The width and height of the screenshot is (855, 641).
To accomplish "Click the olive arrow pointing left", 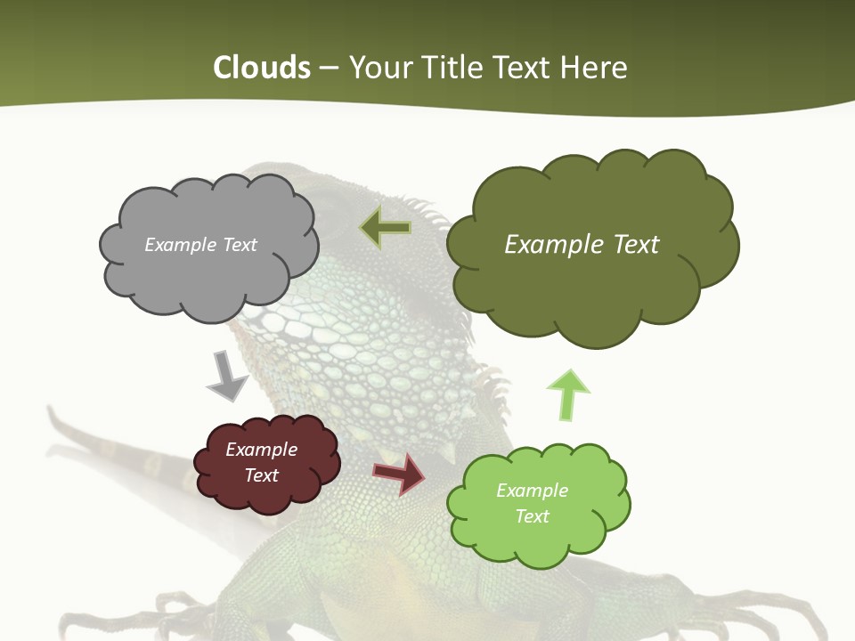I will point(386,229).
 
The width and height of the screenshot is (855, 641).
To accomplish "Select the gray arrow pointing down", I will point(226,376).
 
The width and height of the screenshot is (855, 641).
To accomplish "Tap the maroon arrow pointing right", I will point(400,473).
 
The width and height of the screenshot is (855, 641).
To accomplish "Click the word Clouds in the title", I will point(262,68).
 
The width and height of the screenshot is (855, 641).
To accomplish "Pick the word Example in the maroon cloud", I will point(261,450).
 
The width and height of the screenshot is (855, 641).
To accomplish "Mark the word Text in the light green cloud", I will point(533,516).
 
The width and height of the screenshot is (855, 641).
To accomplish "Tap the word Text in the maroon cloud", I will point(261,475).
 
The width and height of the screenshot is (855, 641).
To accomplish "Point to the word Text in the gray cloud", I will point(239,245).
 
